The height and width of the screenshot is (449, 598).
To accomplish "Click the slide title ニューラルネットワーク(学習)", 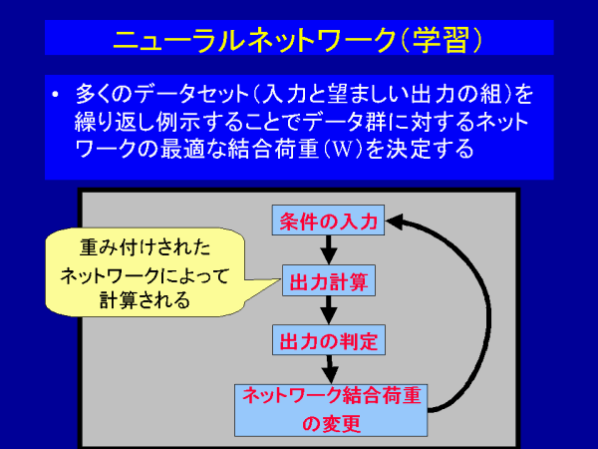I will coord(299,40).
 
